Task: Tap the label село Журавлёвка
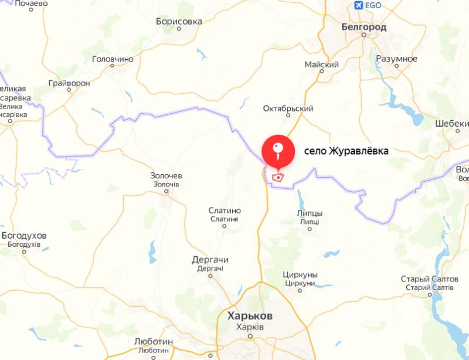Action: pyautogui.click(x=346, y=151)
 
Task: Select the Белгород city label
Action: pyautogui.click(x=364, y=27)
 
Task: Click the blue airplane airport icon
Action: pyautogui.click(x=359, y=6)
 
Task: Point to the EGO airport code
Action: pyautogui.click(x=373, y=6)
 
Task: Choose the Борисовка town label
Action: pyautogui.click(x=179, y=21)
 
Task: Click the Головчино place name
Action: pyautogui.click(x=113, y=59)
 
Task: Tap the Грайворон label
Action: pyautogui.click(x=70, y=83)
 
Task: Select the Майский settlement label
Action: pyautogui.click(x=322, y=64)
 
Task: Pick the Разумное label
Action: pyautogui.click(x=397, y=59)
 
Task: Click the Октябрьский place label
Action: pyautogui.click(x=288, y=108)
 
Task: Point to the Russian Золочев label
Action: pyautogui.click(x=167, y=176)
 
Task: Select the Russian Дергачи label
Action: pyautogui.click(x=210, y=260)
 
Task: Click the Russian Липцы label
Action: pyautogui.click(x=310, y=214)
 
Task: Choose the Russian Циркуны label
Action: pyautogui.click(x=300, y=275)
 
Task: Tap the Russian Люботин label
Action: pyautogui.click(x=153, y=341)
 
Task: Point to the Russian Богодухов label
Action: pyautogui.click(x=24, y=236)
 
